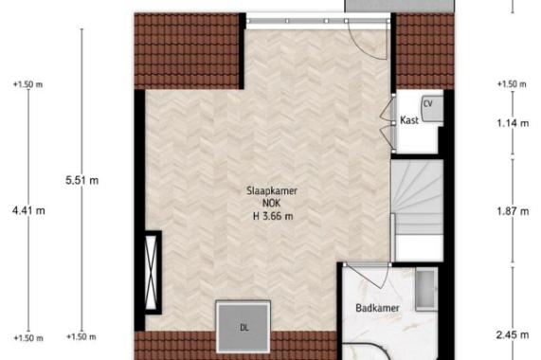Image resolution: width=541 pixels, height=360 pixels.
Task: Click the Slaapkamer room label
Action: [x=272, y=190]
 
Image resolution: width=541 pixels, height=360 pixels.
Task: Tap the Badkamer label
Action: [x=377, y=308]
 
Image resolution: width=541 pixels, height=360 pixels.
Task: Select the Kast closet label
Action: [x=409, y=120]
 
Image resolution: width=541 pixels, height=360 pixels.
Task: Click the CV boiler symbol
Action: [x=432, y=108]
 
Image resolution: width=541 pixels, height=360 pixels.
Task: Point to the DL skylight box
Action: [x=243, y=327]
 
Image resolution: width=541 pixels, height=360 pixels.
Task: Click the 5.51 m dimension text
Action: [x=81, y=180]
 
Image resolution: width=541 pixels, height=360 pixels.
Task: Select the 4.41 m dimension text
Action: [x=28, y=210]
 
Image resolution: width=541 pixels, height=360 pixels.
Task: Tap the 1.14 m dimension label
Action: [x=513, y=123]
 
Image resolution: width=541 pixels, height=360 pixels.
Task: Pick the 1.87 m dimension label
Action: [x=513, y=211]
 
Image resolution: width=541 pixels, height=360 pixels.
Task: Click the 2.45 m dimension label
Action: [x=513, y=334]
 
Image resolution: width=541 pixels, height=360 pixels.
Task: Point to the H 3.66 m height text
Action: [x=273, y=216]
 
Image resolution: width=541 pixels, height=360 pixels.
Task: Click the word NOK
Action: [x=272, y=203]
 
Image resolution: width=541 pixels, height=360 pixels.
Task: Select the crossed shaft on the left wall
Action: [x=153, y=272]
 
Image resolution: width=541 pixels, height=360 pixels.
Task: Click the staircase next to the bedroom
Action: [x=418, y=210]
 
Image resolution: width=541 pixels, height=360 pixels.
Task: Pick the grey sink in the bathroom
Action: [x=426, y=290]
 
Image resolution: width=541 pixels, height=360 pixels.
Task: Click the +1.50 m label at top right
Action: [x=512, y=83]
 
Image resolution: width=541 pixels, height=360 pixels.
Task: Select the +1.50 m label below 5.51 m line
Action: [x=81, y=336]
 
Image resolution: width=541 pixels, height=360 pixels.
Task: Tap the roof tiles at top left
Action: [x=187, y=51]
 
